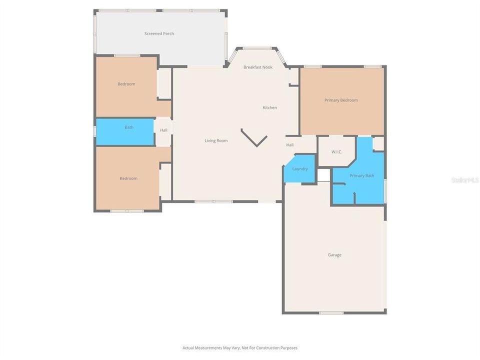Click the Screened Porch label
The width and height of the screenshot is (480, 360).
[159, 33]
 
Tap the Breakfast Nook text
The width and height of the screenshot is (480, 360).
[258, 67]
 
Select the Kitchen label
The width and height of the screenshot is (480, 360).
[270, 107]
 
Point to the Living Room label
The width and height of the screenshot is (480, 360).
[216, 140]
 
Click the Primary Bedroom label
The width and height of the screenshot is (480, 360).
[341, 100]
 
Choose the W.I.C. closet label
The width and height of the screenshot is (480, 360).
[336, 151]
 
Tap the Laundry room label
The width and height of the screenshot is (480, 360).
[300, 169]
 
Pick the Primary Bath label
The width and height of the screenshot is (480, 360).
[361, 175]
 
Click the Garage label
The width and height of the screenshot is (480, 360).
[334, 255]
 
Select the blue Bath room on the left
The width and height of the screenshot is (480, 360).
[125, 131]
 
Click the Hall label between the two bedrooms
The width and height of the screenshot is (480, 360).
[163, 130]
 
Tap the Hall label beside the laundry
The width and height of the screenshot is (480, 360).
[290, 145]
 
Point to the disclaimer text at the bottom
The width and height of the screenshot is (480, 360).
[240, 347]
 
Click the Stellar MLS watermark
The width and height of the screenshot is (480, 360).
[465, 179]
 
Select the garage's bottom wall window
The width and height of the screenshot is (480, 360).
[331, 313]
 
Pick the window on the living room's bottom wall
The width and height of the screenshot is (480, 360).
[213, 201]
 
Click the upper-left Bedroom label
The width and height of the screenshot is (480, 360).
[126, 84]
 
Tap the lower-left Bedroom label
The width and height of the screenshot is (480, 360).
[128, 178]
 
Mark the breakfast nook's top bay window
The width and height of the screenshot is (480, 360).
[257, 48]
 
